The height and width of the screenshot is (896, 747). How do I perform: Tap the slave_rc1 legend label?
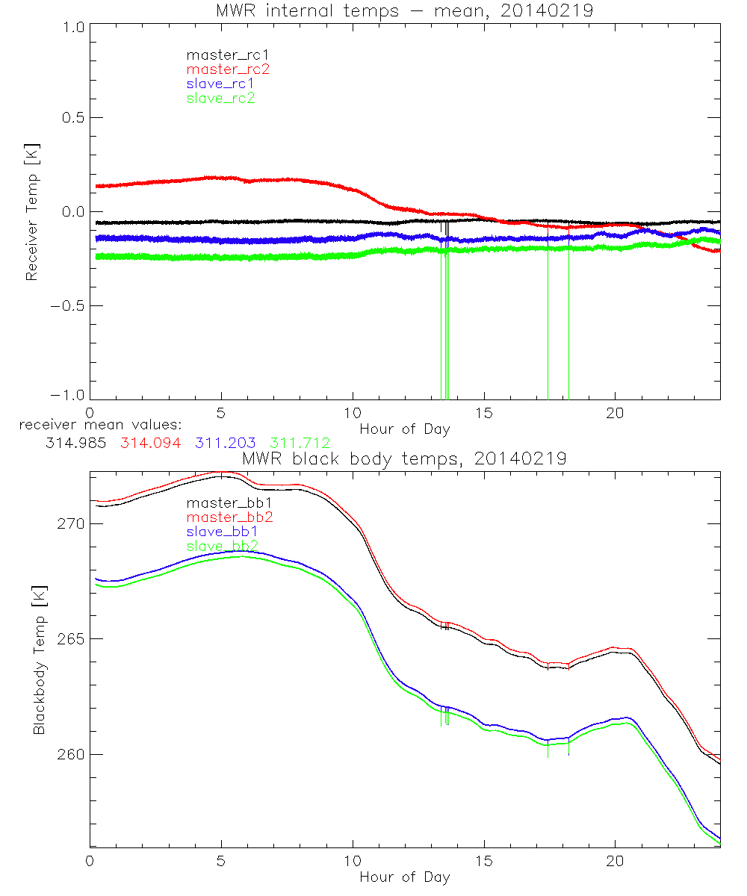(x=220, y=84)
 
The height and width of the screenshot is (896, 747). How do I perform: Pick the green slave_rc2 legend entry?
(x=220, y=98)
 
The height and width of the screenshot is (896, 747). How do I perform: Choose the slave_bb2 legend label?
(x=225, y=547)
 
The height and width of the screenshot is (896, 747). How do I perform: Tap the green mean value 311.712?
(x=300, y=444)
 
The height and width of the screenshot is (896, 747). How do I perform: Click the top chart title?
(x=404, y=10)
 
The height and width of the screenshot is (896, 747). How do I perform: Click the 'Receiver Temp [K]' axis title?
(x=31, y=212)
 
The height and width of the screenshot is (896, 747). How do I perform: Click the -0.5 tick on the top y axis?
(x=69, y=305)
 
